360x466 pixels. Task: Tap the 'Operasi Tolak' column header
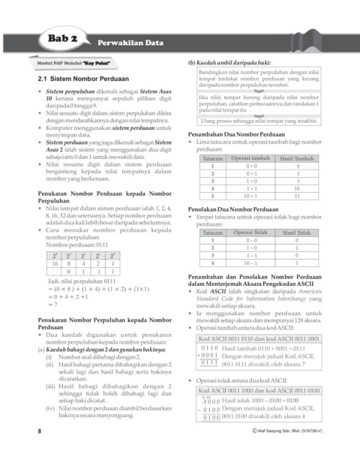tap(250, 233)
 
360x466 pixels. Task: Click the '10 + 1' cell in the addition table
tap(250, 196)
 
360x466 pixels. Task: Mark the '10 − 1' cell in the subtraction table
tap(250, 263)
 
